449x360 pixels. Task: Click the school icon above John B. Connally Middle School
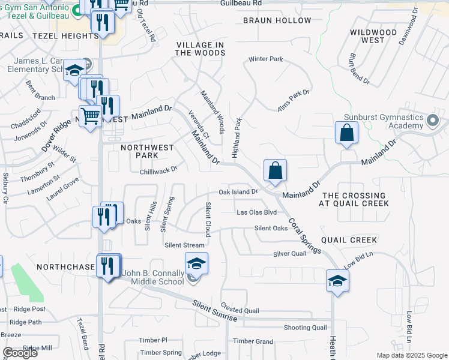coord(196,263)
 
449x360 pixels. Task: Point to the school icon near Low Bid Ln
coord(338,280)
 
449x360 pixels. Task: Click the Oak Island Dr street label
coord(238,192)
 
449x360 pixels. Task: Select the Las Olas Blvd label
coord(256,212)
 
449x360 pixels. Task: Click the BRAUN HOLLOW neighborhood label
coord(277,20)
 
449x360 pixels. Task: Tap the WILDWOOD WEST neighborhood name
coord(373,36)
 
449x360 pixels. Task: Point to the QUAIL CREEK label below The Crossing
coord(349,240)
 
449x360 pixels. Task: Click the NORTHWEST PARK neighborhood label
coord(147,151)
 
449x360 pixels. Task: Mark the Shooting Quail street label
coord(305,328)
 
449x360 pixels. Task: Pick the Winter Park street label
coord(265,59)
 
